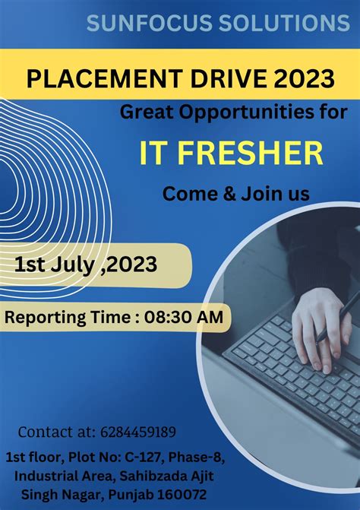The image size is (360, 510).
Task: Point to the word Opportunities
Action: [x=242, y=112]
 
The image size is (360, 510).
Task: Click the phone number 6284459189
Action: [x=138, y=432]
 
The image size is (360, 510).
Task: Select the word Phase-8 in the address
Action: [x=199, y=457]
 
